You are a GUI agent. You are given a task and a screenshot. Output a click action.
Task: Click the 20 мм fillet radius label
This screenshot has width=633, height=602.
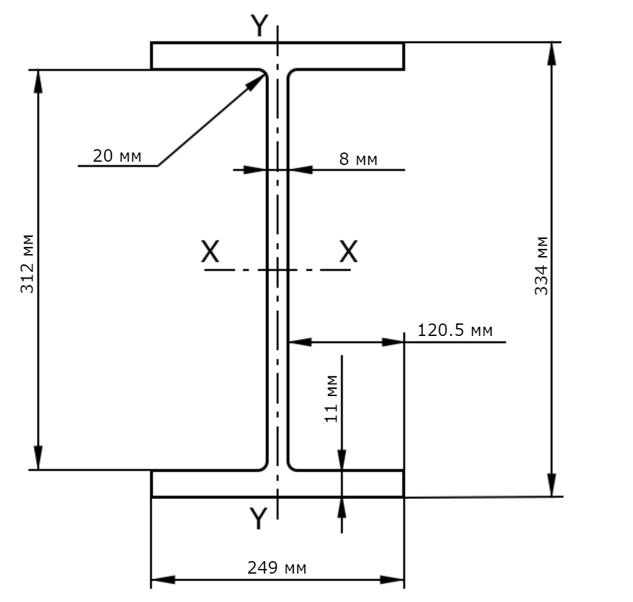pyautogui.click(x=117, y=156)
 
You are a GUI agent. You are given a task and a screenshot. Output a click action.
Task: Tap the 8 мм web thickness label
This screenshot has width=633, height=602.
pyautogui.click(x=358, y=159)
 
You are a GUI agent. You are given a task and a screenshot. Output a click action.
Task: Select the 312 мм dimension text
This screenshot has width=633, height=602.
pyautogui.click(x=27, y=263)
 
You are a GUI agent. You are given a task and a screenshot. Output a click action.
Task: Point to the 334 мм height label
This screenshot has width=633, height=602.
pyautogui.click(x=541, y=266)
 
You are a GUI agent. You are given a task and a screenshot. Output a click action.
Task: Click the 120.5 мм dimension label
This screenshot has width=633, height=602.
pyautogui.click(x=454, y=330)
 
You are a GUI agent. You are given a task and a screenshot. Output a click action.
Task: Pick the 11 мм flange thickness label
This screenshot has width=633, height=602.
pyautogui.click(x=331, y=399)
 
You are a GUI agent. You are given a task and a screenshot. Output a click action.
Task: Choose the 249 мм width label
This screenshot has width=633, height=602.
pyautogui.click(x=277, y=568)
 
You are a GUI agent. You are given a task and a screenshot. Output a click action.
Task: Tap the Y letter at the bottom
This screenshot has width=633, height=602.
pyautogui.click(x=258, y=518)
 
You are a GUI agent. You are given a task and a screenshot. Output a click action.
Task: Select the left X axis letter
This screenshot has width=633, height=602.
pyautogui.click(x=210, y=251)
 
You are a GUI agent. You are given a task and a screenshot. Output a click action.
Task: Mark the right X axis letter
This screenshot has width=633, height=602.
pyautogui.click(x=348, y=251)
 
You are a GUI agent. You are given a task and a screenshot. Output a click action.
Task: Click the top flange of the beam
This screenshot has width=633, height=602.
pyautogui.click(x=278, y=55)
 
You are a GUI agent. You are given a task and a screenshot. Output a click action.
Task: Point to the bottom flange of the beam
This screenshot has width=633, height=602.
pyautogui.click(x=278, y=484)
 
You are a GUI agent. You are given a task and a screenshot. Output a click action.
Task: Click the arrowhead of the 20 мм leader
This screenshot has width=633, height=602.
pyautogui.click(x=256, y=83)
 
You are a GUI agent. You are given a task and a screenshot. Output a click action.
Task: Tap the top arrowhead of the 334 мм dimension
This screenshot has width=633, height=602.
pyautogui.click(x=552, y=53)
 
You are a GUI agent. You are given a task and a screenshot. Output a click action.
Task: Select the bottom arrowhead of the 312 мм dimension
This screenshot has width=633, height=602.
pyautogui.click(x=38, y=457)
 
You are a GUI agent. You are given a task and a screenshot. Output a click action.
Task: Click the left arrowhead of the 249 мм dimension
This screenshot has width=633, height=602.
pyautogui.click(x=163, y=580)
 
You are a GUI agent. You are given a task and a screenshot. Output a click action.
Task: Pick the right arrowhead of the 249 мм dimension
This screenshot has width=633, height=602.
pyautogui.click(x=392, y=580)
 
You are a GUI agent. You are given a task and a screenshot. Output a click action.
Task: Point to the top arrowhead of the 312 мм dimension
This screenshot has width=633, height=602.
pyautogui.click(x=38, y=82)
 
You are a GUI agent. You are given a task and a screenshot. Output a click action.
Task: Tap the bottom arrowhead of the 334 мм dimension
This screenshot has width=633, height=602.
pyautogui.click(x=552, y=485)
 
